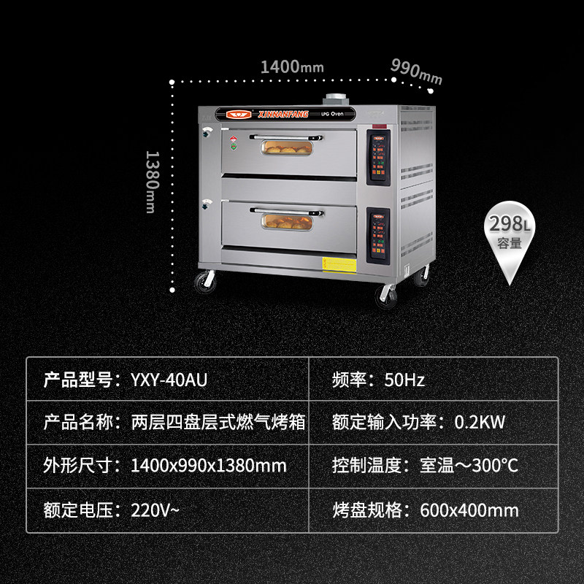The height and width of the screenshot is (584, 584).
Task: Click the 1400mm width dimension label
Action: [291, 66]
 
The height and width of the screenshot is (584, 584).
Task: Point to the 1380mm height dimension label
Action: [151, 182]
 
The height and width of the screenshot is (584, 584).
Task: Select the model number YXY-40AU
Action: [166, 380]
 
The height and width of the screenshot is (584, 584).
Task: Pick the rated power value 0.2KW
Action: [480, 423]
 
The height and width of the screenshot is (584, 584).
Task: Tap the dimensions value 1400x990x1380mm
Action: [208, 466]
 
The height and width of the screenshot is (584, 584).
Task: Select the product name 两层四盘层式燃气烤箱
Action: [218, 423]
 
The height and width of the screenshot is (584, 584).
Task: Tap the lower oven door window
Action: [288, 219]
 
